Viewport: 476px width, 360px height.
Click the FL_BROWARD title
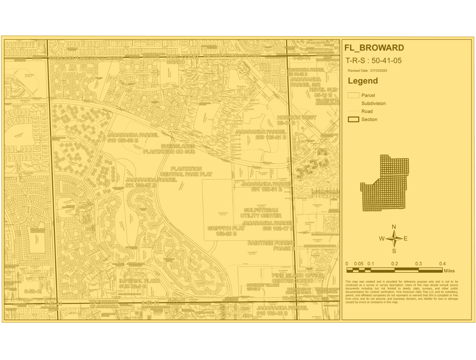[x=374, y=48]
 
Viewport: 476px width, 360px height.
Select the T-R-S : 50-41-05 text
[x=373, y=61]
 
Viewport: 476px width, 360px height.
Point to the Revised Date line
[x=367, y=70]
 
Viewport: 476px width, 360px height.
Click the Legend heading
[x=362, y=81]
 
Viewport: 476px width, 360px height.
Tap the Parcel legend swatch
[x=353, y=95]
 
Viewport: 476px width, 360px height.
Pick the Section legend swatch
[x=353, y=119]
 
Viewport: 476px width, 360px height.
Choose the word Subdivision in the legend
[x=373, y=103]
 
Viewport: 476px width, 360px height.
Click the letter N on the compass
[x=394, y=227]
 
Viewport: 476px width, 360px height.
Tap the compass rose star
[x=394, y=239]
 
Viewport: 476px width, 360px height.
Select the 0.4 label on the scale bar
[x=442, y=264]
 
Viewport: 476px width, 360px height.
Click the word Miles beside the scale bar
[x=449, y=271]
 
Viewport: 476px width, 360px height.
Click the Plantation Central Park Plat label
[x=186, y=172]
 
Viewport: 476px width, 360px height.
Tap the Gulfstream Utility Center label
[x=261, y=213]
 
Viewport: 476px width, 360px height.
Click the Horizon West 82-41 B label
[x=296, y=120]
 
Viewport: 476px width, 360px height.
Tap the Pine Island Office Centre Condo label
[x=297, y=278]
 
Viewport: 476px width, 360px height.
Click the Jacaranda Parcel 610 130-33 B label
[x=133, y=138]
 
